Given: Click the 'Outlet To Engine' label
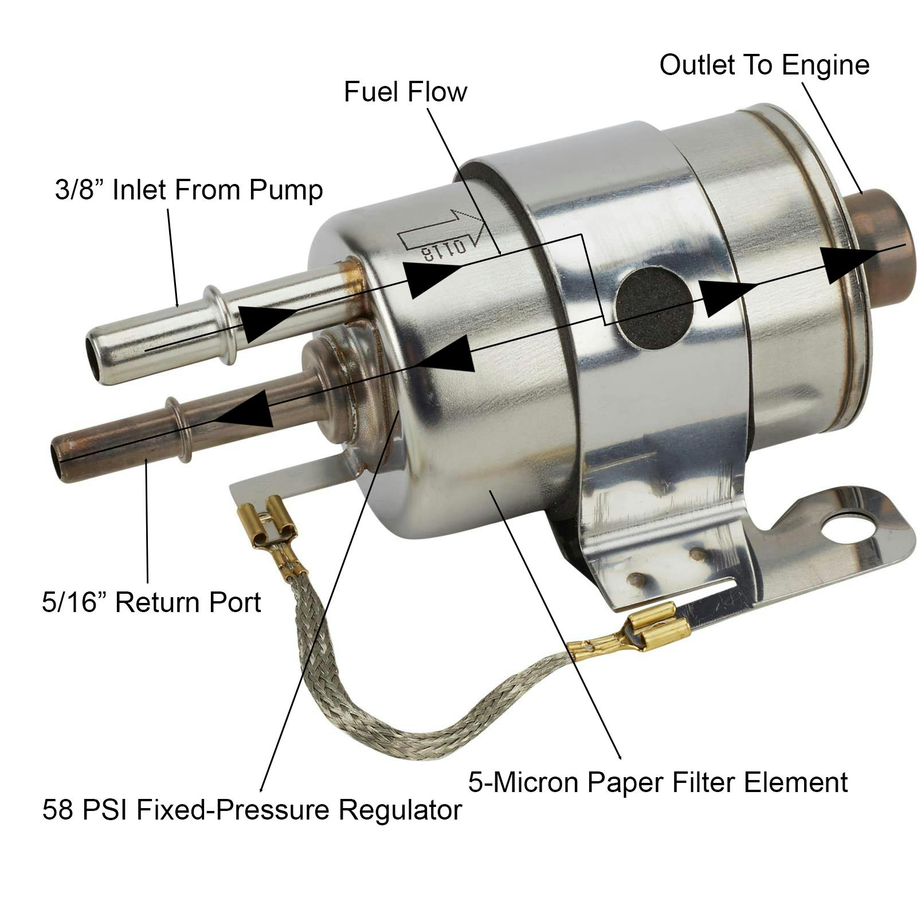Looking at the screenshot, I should click(x=764, y=65).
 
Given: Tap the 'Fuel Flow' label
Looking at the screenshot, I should click(x=405, y=92).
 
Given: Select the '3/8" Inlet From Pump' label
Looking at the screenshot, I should click(x=189, y=190).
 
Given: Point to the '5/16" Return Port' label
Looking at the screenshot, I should click(x=151, y=602).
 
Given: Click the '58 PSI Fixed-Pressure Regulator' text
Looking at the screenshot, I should click(x=252, y=810).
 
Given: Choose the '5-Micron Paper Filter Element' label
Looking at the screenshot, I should click(x=658, y=782).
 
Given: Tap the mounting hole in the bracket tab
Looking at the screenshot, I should click(x=845, y=530).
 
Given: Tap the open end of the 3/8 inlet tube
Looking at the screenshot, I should click(x=94, y=353).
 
